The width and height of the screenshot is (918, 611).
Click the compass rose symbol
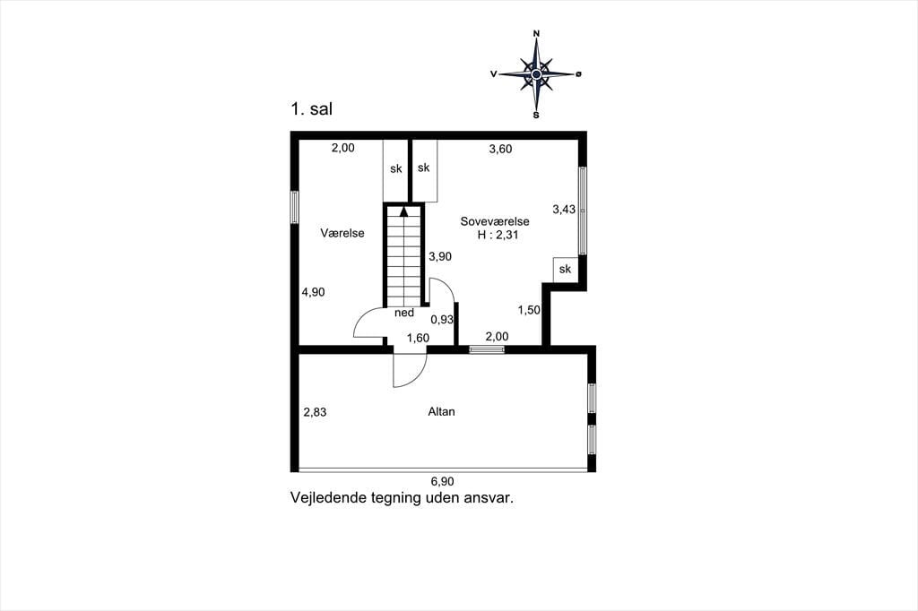click(536, 73)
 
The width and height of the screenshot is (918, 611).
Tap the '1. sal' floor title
click(311, 109)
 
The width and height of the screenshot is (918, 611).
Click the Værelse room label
click(342, 233)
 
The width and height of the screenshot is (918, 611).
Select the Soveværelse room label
click(495, 221)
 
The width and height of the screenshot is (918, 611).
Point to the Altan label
click(441, 411)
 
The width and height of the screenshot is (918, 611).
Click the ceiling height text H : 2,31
click(498, 236)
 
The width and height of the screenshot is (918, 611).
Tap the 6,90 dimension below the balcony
click(443, 482)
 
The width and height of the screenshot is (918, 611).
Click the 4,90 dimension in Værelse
click(313, 292)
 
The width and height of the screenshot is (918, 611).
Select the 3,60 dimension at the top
click(500, 150)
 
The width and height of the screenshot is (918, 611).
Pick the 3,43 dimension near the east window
click(564, 209)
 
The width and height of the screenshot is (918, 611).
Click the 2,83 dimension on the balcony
click(315, 412)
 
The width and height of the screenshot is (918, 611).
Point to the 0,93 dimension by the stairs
click(442, 320)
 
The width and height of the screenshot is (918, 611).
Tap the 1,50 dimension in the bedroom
click(529, 310)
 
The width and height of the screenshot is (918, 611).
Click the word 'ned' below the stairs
click(404, 313)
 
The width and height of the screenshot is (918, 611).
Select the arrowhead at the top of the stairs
click(404, 211)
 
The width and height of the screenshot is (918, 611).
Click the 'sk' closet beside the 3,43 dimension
click(565, 269)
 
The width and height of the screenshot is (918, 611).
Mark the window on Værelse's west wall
click(294, 207)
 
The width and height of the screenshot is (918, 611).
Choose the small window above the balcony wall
click(487, 349)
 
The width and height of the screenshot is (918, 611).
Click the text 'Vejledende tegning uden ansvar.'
click(403, 498)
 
